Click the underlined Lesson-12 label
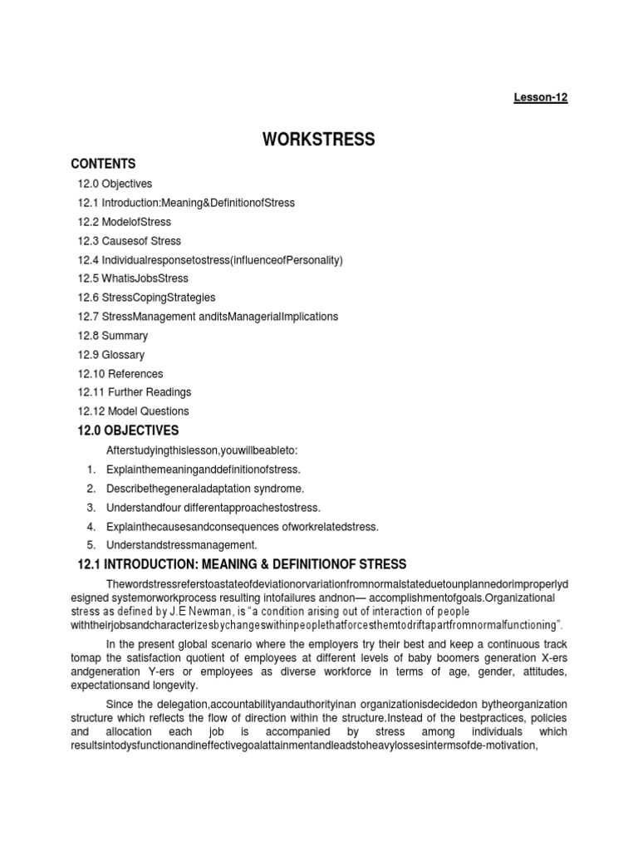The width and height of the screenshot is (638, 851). click(x=540, y=97)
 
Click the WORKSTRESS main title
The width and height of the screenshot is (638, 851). click(x=319, y=140)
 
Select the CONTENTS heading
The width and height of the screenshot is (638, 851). click(x=103, y=164)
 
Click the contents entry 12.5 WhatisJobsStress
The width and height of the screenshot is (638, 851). click(x=134, y=278)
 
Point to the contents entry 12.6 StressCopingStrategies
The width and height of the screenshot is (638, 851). click(x=145, y=298)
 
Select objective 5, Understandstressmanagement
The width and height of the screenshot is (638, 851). click(x=182, y=545)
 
